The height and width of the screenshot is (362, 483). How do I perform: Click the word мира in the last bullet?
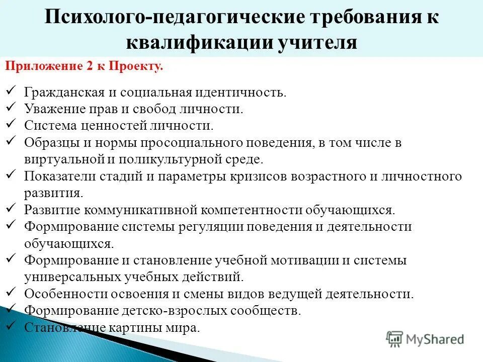point(185,328)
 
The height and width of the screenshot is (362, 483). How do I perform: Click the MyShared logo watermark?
point(425,339)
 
